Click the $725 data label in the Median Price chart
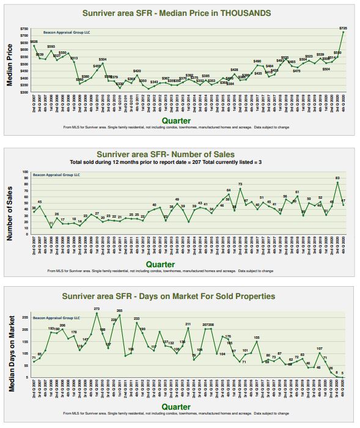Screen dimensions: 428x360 click(x=343, y=29)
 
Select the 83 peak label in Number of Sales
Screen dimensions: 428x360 click(x=337, y=178)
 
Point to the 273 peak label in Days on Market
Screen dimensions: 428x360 click(x=97, y=309)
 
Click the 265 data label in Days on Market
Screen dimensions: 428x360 click(x=119, y=311)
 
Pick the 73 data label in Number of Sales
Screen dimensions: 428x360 click(x=240, y=184)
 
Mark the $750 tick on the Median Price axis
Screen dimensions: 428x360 click(x=24, y=29)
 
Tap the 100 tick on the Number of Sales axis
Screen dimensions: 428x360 click(x=25, y=172)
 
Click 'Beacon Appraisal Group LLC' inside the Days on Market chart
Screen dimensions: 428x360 click(x=56, y=318)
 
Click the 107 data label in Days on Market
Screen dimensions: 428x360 click(x=319, y=349)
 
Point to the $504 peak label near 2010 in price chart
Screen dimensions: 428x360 click(x=103, y=59)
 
